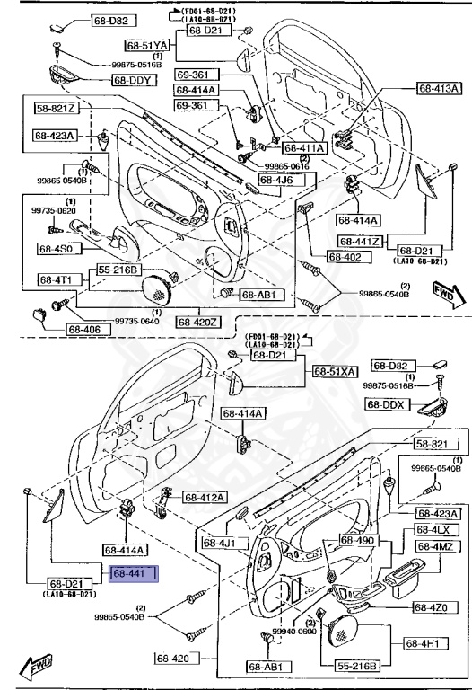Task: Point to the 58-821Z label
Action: click(x=57, y=109)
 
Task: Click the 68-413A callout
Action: click(x=438, y=88)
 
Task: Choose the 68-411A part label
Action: click(x=306, y=147)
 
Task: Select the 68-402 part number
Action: click(x=344, y=257)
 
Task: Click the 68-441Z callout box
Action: click(x=361, y=241)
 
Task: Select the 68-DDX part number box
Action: click(x=387, y=404)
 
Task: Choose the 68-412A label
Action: click(x=205, y=497)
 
